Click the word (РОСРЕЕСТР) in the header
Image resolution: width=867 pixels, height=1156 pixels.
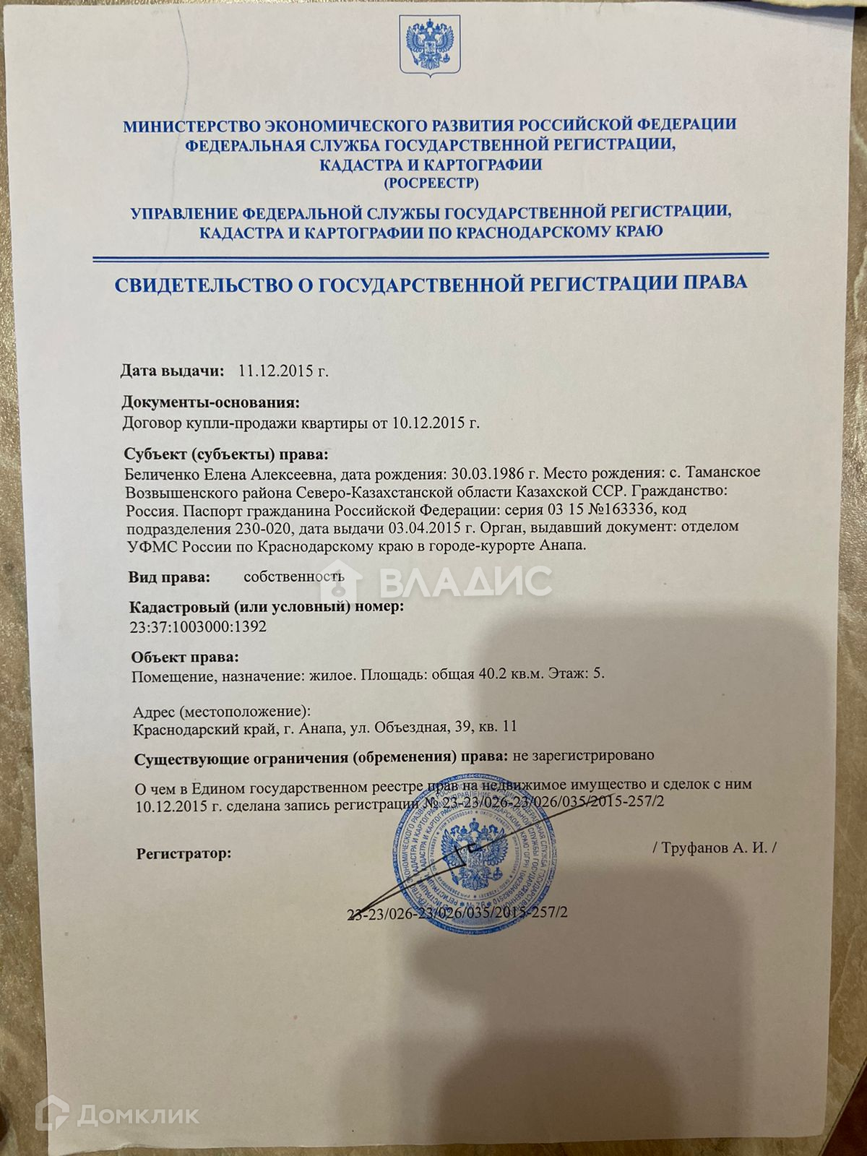[x=431, y=184]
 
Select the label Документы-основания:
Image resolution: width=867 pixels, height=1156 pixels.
[x=210, y=402]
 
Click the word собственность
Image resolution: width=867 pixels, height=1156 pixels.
[x=293, y=577]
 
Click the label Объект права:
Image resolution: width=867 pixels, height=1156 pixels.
[x=184, y=657]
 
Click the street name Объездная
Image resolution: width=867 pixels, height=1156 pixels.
[x=406, y=728]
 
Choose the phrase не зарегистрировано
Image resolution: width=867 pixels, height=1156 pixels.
[x=583, y=756]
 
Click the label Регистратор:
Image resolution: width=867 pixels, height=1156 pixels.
[x=184, y=854]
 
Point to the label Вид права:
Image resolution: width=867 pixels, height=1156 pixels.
[x=170, y=577]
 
